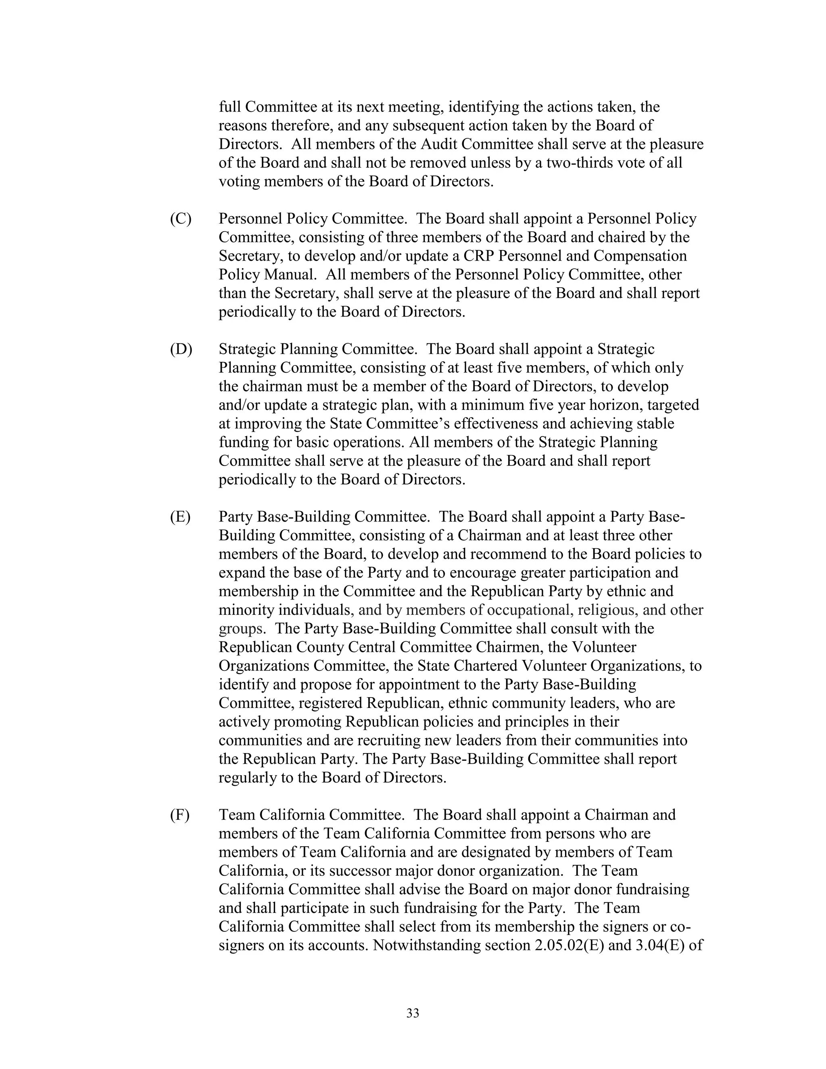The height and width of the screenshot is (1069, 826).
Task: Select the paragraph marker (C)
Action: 181,219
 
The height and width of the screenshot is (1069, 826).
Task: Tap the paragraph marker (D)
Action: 181,349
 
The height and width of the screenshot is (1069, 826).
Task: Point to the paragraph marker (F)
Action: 179,815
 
